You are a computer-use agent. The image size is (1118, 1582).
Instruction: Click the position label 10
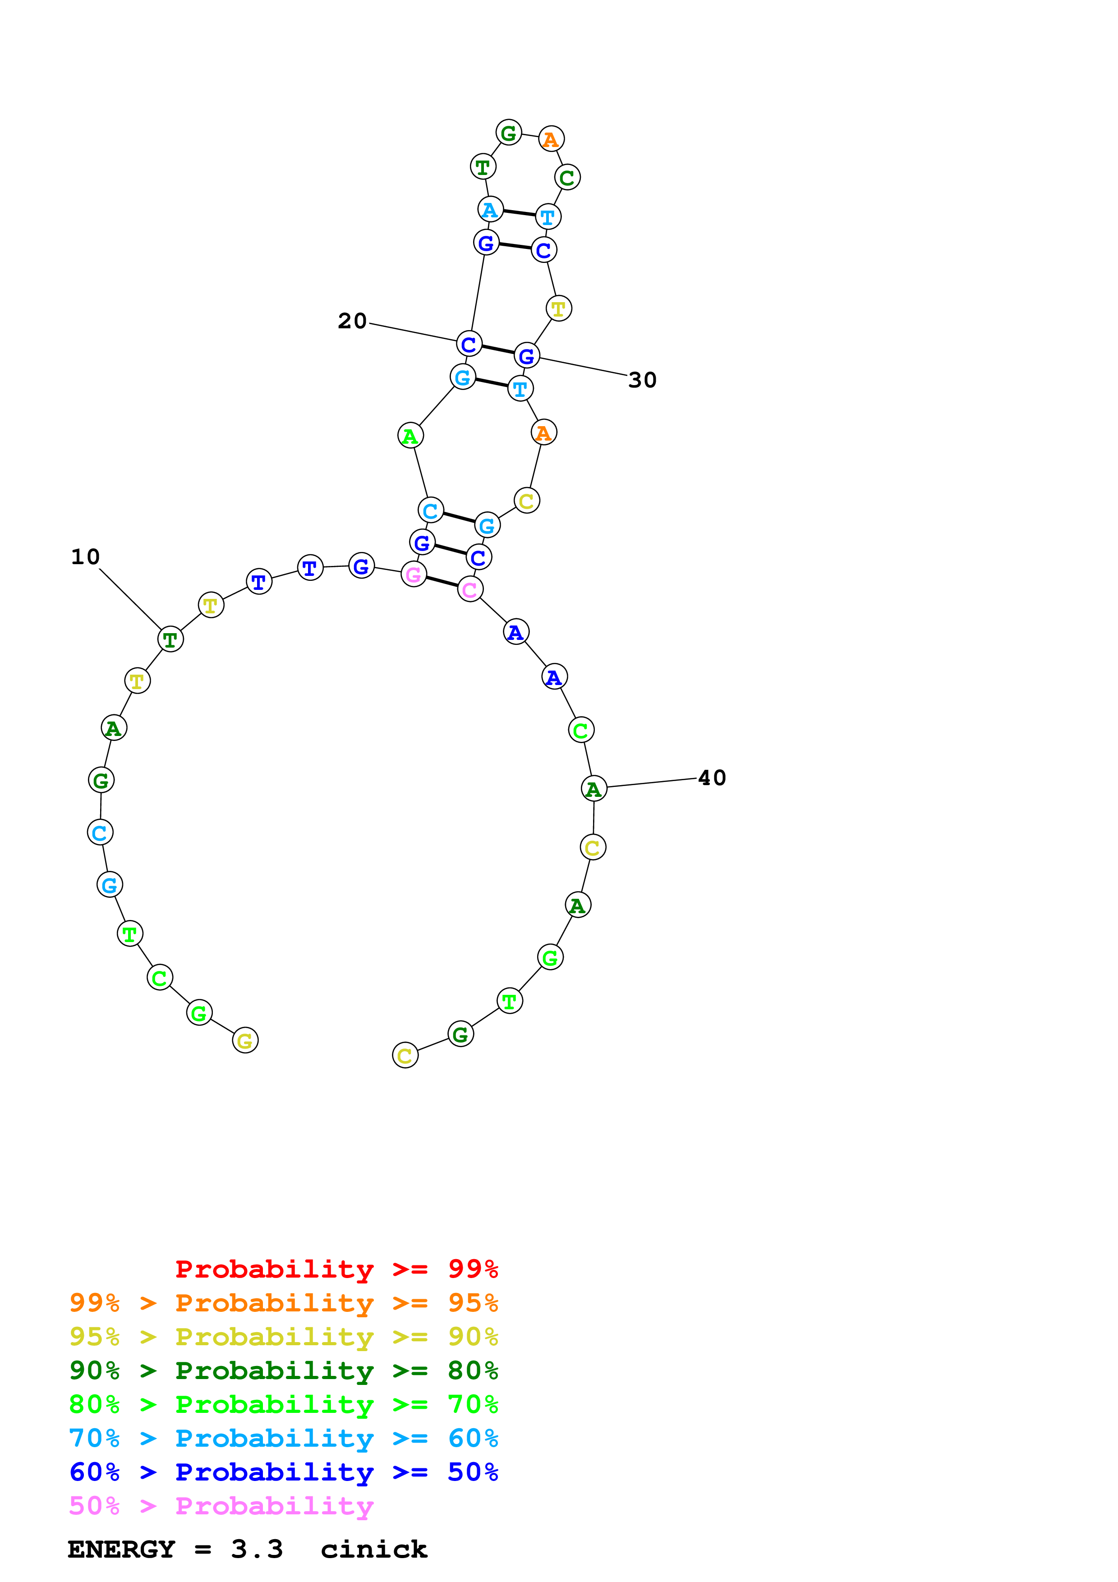point(85,557)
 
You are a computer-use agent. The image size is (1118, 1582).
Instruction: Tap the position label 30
point(642,380)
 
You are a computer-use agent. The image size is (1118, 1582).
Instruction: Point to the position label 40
point(712,778)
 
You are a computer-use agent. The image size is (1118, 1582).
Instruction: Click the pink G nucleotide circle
point(413,574)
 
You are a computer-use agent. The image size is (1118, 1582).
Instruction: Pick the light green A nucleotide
point(410,436)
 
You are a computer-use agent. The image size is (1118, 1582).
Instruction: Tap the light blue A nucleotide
point(490,209)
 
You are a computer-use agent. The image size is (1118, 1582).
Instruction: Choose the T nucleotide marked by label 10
point(170,639)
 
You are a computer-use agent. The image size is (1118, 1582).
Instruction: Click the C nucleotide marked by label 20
point(469,344)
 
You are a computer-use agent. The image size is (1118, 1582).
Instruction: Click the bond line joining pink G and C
point(442,582)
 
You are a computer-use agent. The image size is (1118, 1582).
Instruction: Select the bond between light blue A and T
point(519,213)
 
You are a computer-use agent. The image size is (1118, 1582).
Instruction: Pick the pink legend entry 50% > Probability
point(221,1506)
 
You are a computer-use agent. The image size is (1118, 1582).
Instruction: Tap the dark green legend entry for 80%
point(283,1371)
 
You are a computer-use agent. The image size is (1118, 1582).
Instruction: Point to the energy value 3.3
point(257,1550)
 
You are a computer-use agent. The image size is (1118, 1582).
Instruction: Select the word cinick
point(374,1550)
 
